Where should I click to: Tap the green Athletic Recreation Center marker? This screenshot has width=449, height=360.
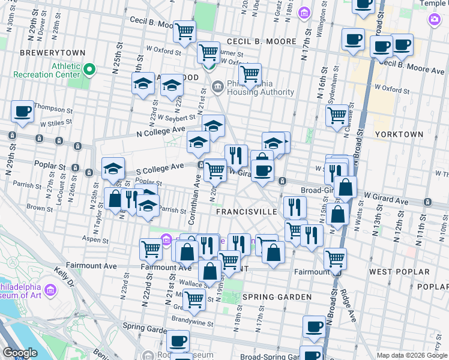tap(89, 70)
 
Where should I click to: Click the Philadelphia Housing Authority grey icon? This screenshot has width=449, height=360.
tap(217, 88)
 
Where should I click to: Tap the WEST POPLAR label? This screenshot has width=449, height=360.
tap(399, 272)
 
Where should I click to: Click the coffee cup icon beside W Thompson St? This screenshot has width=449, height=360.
tap(22, 111)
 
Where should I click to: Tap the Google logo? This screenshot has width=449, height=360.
tap(20, 353)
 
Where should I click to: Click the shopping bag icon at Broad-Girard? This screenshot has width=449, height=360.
tap(346, 188)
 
